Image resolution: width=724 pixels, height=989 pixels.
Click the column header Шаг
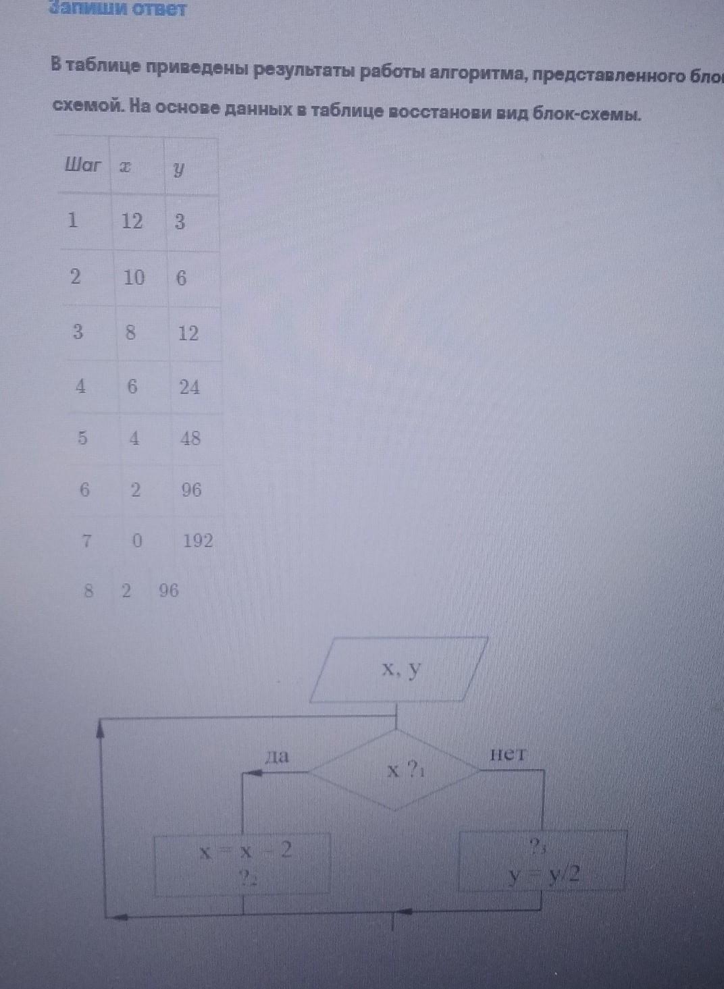click(82, 165)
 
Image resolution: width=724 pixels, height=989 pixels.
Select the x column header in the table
click(125, 167)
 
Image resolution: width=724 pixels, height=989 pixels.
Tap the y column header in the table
click(178, 169)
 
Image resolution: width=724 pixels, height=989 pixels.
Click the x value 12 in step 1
click(132, 221)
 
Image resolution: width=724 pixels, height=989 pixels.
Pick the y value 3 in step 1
click(179, 222)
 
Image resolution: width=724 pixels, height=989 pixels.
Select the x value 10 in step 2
click(134, 277)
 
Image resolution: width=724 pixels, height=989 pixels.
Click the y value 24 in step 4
click(189, 387)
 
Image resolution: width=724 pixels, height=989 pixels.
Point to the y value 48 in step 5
click(190, 439)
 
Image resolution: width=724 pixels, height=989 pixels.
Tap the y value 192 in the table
click(198, 541)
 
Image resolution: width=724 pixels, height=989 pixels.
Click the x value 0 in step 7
click(137, 541)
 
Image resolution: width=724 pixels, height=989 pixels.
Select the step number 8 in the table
click(88, 591)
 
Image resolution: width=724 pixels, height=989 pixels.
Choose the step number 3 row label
click(78, 332)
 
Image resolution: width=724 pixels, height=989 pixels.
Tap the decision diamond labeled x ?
click(395, 770)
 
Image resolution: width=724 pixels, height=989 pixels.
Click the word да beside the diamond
click(277, 756)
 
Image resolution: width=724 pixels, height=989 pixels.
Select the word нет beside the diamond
click(507, 755)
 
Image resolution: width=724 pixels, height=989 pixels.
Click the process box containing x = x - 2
click(243, 865)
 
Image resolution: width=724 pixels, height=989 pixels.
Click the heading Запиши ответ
click(118, 9)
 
